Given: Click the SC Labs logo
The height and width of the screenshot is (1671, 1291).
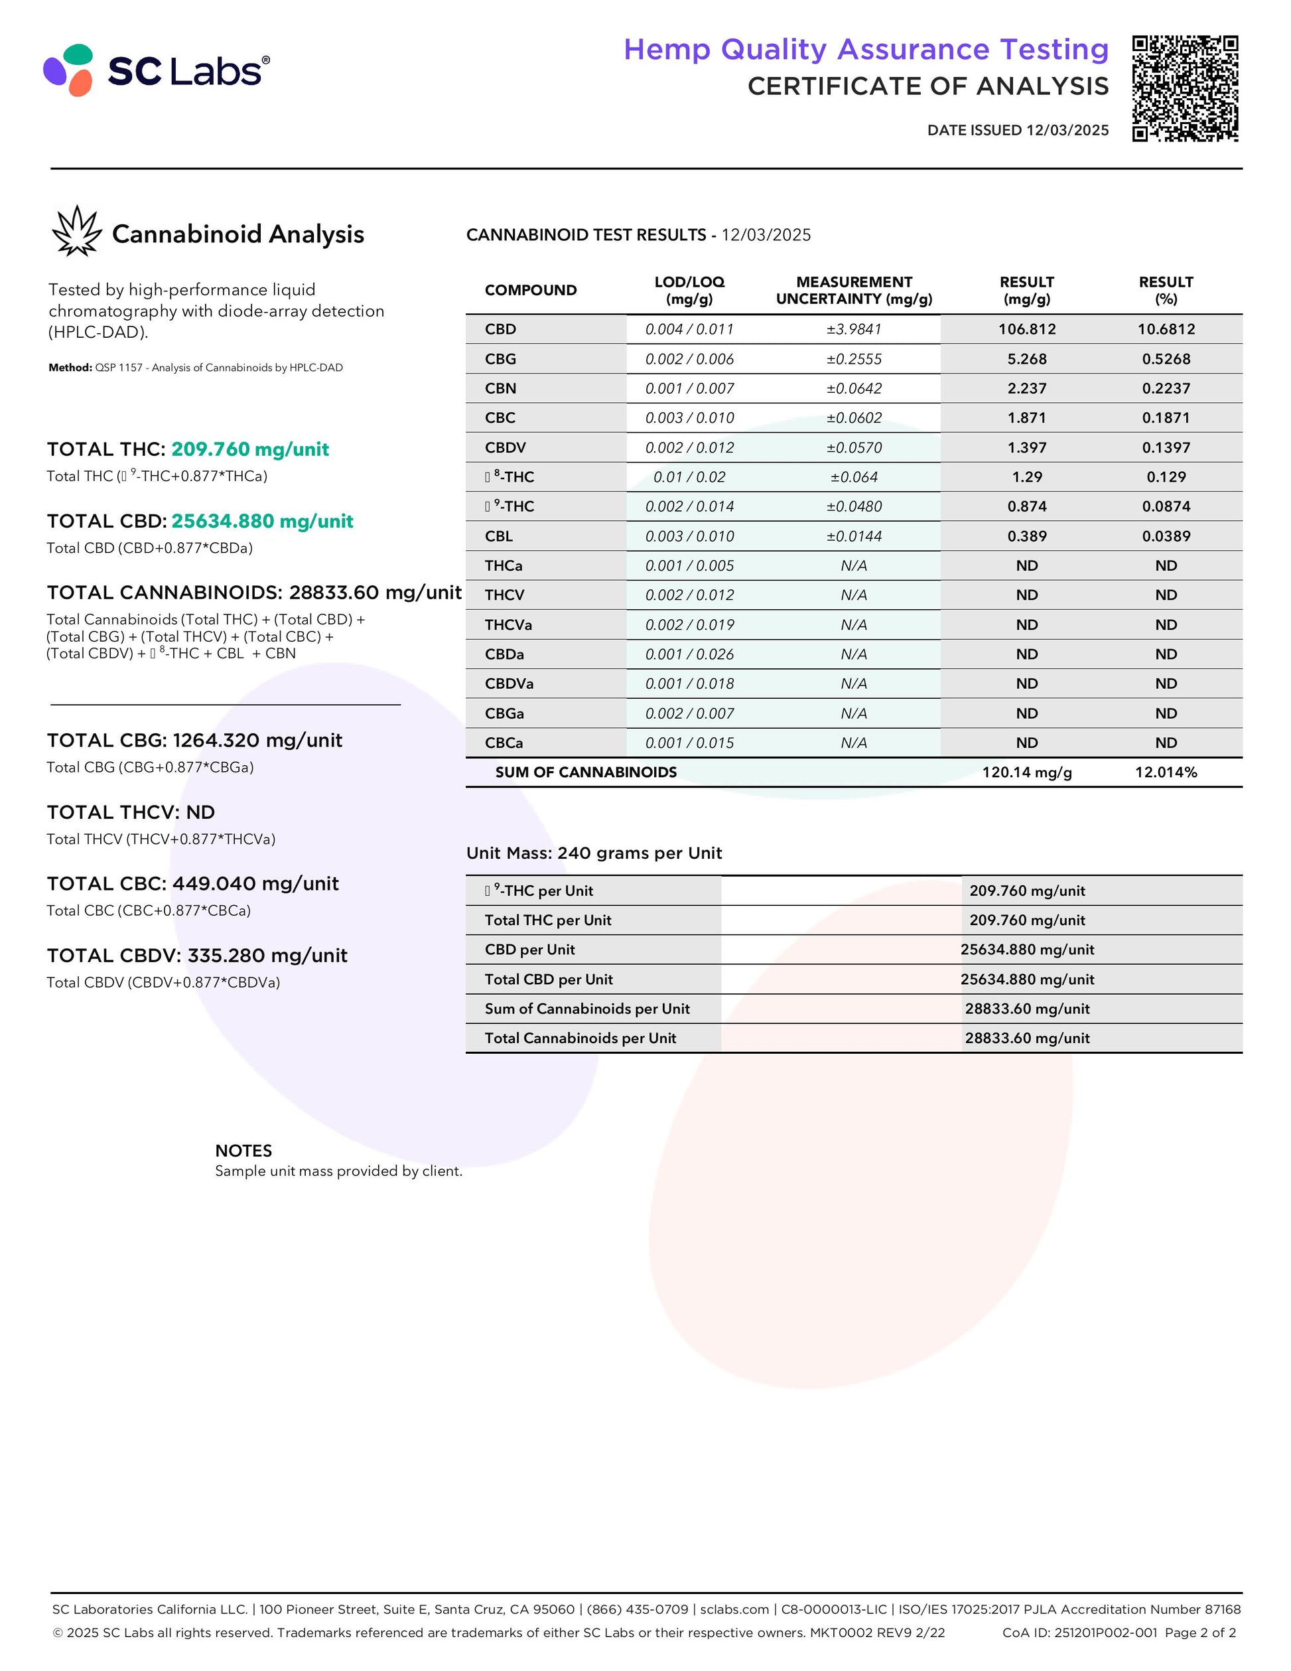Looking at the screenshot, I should [x=157, y=70].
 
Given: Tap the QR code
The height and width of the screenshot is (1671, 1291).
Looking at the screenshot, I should [x=1185, y=88].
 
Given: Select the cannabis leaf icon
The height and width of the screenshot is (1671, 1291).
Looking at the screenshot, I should [x=76, y=231].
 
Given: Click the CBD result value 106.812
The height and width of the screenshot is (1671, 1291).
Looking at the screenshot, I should [x=1026, y=329].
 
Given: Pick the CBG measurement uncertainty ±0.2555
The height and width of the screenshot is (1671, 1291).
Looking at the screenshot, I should [x=854, y=359].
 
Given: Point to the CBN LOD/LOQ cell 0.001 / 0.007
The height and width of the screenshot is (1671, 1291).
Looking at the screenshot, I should [x=689, y=389].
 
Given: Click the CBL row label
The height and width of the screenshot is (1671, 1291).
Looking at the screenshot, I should [x=499, y=536].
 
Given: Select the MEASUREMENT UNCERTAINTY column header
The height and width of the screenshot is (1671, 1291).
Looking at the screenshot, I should [x=854, y=290].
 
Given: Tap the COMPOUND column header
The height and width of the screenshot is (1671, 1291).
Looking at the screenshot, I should [x=530, y=290].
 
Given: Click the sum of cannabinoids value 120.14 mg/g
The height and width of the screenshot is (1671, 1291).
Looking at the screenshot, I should [x=1026, y=772].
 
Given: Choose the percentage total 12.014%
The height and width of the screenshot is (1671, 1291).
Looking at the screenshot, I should [x=1166, y=772].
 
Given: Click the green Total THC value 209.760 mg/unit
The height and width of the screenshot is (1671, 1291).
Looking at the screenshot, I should [x=250, y=449].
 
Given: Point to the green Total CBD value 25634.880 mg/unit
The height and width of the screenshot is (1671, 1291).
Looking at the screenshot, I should [x=262, y=521].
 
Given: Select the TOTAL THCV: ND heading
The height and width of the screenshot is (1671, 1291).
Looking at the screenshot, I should [x=131, y=812].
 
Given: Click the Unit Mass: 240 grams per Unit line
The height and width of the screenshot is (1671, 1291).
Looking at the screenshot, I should [x=594, y=853].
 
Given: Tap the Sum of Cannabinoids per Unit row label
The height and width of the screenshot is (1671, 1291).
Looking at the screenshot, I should [x=586, y=1009].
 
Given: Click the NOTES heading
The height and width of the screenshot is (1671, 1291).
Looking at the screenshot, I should [x=243, y=1151].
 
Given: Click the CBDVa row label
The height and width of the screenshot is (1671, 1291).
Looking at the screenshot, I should [x=509, y=684].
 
